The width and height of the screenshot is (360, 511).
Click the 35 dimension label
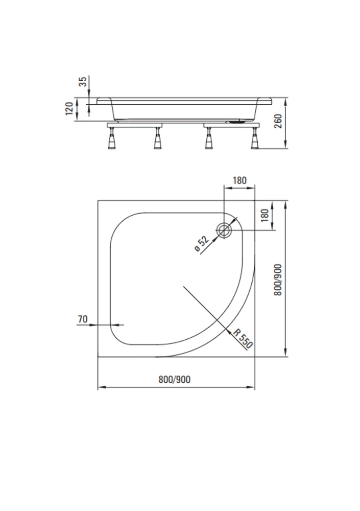83,81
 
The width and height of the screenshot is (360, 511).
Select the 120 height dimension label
69,108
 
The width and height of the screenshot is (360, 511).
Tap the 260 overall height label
278,122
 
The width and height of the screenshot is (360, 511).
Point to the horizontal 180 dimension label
240,180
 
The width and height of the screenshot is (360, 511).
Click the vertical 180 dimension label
265,216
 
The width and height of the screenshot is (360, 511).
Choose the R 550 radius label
243,339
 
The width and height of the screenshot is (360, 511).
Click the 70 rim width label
83,319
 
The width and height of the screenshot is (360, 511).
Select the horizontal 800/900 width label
174,379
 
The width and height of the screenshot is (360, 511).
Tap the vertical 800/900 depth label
278,280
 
